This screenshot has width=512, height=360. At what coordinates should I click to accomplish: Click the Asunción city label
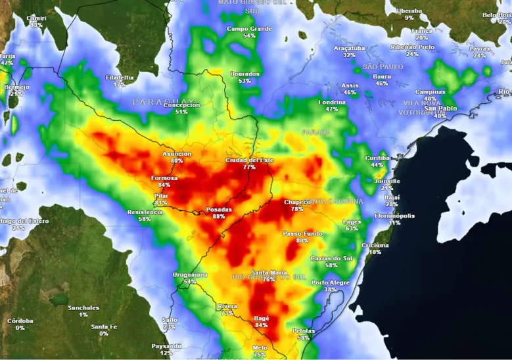coord(177,154)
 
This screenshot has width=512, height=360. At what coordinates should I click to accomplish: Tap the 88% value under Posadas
coord(219,216)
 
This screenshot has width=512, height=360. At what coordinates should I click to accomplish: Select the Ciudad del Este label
coord(249,160)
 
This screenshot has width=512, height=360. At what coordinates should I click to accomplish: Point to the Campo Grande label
coord(249,29)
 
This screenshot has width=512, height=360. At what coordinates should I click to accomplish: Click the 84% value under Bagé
coord(261,325)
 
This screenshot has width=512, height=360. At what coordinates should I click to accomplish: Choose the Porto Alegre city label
coord(329,282)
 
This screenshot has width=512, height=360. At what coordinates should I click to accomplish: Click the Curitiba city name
coord(377,158)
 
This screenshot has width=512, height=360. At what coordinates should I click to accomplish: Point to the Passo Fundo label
coord(302,233)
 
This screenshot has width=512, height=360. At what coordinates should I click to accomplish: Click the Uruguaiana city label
coord(190,274)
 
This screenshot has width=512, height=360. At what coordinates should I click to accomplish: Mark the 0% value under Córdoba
coord(20,327)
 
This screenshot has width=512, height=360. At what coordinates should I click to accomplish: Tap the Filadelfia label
coord(120,78)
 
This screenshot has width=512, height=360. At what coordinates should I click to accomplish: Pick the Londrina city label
coord(332,102)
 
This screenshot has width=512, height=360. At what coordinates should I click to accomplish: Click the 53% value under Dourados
coord(244,81)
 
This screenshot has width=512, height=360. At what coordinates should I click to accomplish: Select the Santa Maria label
coord(268,272)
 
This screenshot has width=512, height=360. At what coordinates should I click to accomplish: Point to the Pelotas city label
coord(303,330)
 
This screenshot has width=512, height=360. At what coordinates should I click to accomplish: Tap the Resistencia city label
coord(145,212)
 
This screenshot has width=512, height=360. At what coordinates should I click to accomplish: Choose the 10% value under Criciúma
coord(375,252)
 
